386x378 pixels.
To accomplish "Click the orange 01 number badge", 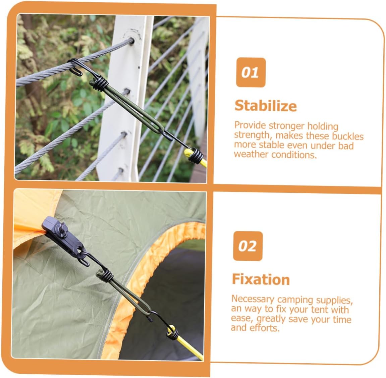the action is coord(251,72).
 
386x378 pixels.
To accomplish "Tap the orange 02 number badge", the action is coord(247,246).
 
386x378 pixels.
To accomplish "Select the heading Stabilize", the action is coord(266,106).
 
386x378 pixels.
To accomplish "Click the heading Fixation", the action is coord(261,279).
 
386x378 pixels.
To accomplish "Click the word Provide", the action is coord(250,125).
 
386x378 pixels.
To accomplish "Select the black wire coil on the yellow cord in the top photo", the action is coord(196,156).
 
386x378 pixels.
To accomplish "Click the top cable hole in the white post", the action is coord(132,41).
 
